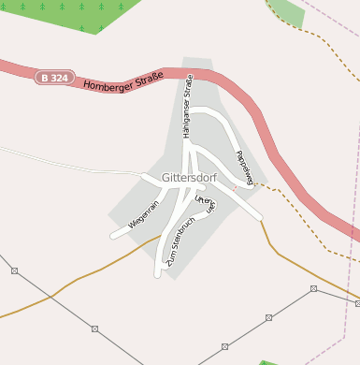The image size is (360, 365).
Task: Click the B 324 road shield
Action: point(55,78)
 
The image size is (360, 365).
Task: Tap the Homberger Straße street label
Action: point(122,80)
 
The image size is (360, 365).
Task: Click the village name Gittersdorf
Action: point(189,177)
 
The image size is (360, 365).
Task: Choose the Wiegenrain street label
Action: point(144,214)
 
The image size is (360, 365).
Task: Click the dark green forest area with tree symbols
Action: point(75,14)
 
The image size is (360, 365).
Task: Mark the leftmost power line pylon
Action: point(14,270)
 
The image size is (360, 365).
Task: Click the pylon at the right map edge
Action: point(357,303)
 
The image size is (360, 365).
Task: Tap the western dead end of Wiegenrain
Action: point(113,235)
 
